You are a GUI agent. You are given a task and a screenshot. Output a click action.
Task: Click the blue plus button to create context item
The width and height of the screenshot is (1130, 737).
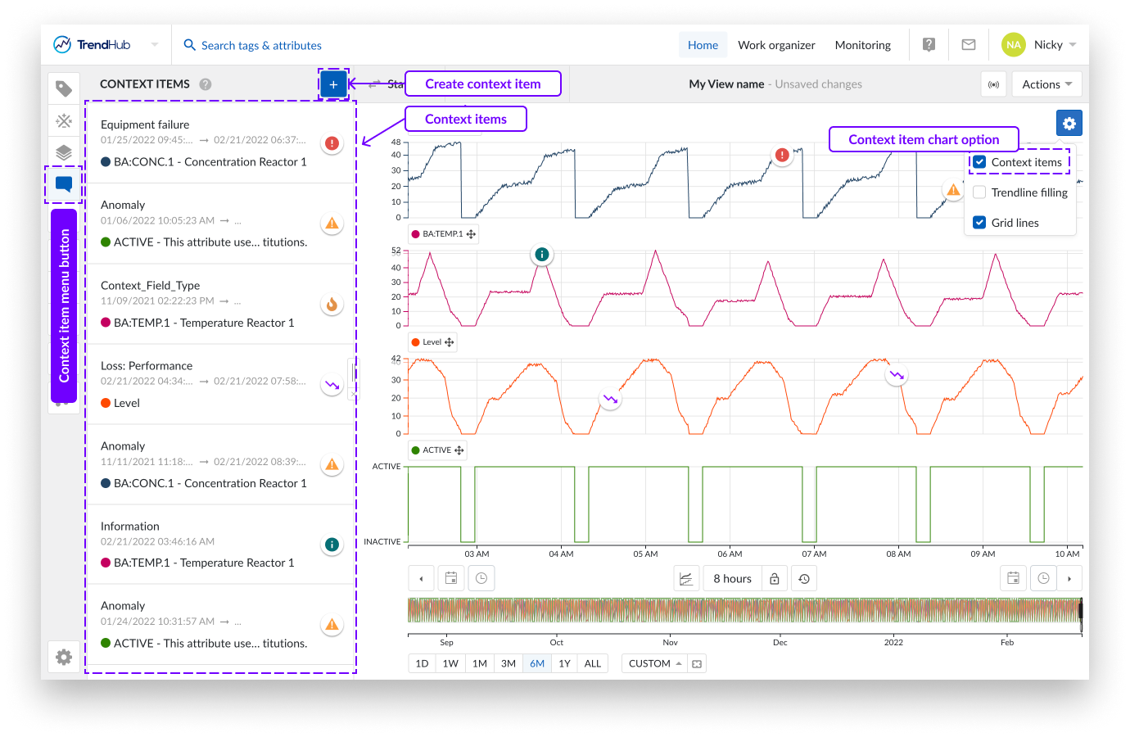[333, 84]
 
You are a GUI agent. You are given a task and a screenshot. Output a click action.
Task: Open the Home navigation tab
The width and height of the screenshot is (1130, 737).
[703, 45]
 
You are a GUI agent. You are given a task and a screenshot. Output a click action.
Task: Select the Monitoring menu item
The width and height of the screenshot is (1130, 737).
[862, 45]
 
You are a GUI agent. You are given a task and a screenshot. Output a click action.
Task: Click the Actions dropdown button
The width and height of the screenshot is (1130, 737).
[1046, 84]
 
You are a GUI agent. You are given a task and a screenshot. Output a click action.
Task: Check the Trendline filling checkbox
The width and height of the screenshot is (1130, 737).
[979, 192]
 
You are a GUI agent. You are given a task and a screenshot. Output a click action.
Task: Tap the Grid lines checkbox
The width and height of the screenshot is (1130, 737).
[979, 223]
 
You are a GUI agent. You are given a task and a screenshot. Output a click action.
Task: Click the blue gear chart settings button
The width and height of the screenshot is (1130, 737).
[1069, 124]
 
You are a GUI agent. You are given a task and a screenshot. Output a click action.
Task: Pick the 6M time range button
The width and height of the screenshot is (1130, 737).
[537, 663]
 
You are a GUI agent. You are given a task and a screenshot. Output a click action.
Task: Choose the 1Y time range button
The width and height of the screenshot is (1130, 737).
[564, 663]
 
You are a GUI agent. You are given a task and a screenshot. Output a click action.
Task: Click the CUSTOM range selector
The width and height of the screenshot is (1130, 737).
[655, 663]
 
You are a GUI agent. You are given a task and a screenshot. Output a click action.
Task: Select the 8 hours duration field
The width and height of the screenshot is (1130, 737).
[732, 579]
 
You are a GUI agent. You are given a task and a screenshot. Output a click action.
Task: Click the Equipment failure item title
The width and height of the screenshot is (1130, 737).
[145, 124]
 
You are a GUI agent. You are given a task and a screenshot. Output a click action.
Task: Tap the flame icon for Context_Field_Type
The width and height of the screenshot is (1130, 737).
[332, 305]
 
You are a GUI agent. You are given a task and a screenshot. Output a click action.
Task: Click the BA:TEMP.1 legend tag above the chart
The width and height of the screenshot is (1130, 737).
[443, 234]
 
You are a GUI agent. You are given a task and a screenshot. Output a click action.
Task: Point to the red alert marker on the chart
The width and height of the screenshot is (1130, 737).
[782, 155]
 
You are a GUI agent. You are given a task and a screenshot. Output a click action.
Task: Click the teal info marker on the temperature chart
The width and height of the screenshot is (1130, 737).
[541, 255]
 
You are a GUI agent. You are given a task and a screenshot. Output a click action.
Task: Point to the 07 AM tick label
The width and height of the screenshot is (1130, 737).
[814, 554]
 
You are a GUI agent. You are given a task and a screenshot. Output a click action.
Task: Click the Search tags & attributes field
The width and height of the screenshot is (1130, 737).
[261, 46]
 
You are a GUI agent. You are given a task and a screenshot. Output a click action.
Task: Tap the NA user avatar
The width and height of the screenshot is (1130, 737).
[1013, 45]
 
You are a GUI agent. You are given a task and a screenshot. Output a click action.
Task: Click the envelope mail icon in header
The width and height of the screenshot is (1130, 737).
[968, 45]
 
